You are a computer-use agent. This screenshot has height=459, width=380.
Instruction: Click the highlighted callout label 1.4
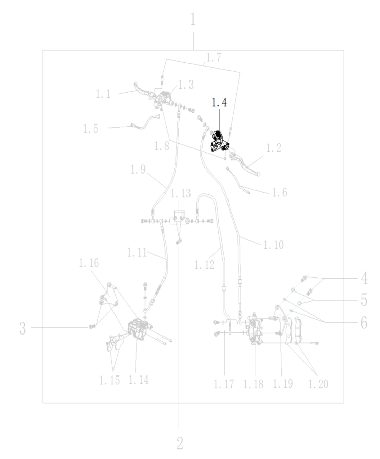coord(219,102)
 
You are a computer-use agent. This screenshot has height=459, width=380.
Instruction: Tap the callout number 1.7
coord(214,57)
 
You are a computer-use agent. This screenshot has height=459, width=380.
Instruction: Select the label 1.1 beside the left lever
coord(103,94)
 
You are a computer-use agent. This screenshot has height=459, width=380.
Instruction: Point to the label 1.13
coord(180,193)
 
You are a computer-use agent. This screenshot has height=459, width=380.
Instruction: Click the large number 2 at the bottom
coord(180,444)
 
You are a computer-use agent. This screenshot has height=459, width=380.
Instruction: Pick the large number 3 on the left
coord(23,328)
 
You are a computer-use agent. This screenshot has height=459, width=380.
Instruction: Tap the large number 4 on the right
coord(364,278)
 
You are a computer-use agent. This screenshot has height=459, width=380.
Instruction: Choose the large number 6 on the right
coord(364,323)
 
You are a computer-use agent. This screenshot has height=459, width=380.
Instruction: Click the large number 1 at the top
coord(193,20)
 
